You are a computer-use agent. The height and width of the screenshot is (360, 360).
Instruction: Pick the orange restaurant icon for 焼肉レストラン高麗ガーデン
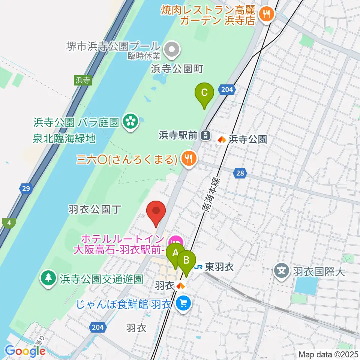point(267,14)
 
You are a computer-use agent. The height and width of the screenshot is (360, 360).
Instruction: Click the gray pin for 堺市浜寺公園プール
point(172,49)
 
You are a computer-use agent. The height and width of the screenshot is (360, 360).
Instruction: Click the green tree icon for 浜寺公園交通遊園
point(48,278)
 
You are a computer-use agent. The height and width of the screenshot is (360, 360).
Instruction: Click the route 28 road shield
point(240,173)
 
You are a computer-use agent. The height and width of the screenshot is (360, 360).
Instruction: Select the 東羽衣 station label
point(219,267)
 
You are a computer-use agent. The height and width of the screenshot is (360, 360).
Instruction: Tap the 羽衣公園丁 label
point(94,209)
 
